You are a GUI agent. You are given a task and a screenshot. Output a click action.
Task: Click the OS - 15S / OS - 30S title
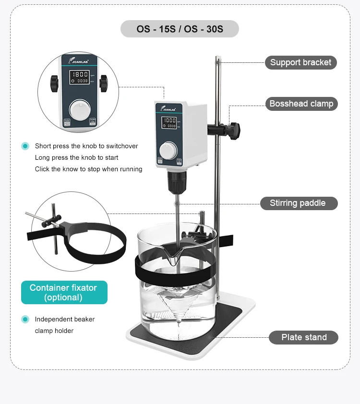point(180,29)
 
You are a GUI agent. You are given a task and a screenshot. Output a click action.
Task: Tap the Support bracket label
point(300,62)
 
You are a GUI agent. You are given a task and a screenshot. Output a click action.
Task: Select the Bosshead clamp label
point(301,104)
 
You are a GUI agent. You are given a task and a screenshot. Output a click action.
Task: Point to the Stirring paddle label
point(299,203)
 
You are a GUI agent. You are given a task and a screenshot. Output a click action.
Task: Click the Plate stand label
point(303,337)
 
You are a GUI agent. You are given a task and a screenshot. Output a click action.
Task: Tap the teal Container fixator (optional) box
point(64,292)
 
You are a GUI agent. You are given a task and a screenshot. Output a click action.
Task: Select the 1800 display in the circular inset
point(80,74)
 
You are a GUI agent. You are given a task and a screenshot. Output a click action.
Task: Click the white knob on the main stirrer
point(168,150)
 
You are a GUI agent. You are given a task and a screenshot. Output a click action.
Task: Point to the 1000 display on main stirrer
point(169,120)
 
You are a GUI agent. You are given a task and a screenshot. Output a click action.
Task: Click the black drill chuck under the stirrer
point(175,181)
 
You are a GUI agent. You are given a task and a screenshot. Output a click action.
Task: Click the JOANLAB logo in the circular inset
point(78,60)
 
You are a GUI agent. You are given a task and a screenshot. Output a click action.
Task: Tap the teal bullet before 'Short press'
point(25,146)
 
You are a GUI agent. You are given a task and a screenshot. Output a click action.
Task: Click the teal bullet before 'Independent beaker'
point(25,319)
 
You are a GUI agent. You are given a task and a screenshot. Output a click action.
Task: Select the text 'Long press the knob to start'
point(76,157)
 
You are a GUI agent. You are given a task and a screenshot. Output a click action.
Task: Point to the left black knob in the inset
point(54,84)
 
